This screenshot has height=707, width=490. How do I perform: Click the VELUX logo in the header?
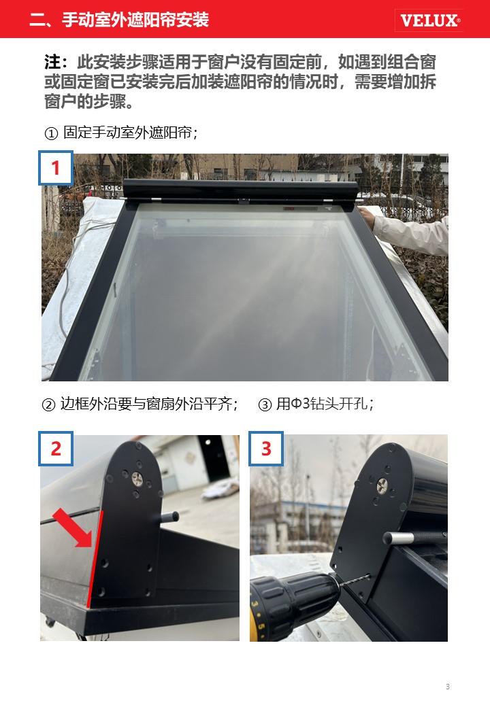[x=429, y=20]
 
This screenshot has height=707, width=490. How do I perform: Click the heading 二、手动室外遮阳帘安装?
[x=119, y=20]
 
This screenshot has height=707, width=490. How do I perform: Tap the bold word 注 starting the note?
[x=52, y=63]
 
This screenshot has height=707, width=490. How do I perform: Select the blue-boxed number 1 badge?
[x=56, y=168]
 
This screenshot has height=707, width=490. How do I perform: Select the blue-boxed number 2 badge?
[x=56, y=449]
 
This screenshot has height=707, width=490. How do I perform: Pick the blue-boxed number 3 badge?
[x=266, y=449]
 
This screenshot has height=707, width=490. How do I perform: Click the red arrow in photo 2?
[x=73, y=528]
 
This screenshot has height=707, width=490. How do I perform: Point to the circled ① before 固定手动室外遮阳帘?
[x=51, y=133]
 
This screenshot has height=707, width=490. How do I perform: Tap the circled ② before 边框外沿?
[x=48, y=404]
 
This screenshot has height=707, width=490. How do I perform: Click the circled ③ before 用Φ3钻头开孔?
[x=265, y=404]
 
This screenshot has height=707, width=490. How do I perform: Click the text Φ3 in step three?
[x=299, y=404]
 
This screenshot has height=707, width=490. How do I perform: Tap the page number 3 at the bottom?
[x=448, y=687]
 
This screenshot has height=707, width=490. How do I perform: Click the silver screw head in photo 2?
[x=137, y=479]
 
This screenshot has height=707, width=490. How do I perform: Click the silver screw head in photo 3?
[x=382, y=485]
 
